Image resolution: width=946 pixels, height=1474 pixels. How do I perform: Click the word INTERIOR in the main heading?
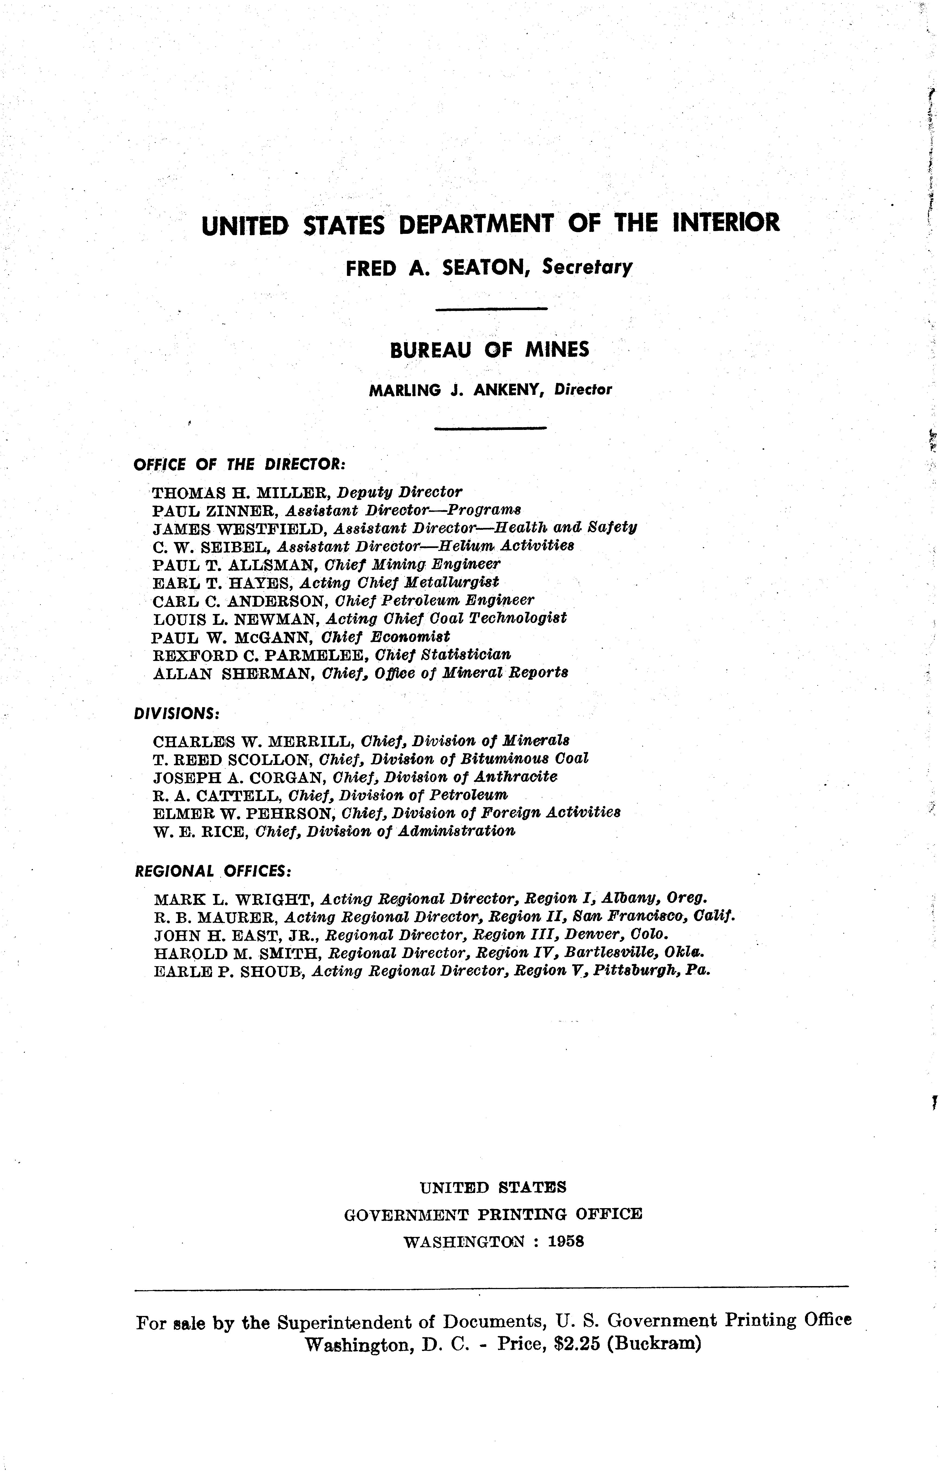coord(726,223)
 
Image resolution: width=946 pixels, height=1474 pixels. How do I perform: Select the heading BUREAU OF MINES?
coord(489,350)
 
